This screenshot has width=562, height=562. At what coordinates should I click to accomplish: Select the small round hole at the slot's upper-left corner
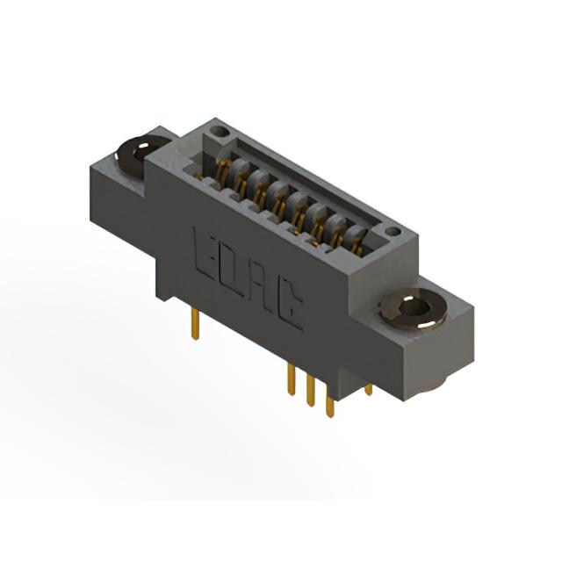(x=219, y=132)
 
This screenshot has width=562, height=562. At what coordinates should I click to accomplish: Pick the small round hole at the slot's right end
(x=393, y=232)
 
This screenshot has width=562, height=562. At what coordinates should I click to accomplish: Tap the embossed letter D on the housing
(x=234, y=270)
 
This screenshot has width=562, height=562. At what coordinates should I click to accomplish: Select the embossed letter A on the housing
(x=262, y=286)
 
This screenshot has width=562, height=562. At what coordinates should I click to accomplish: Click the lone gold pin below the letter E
(x=195, y=324)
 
